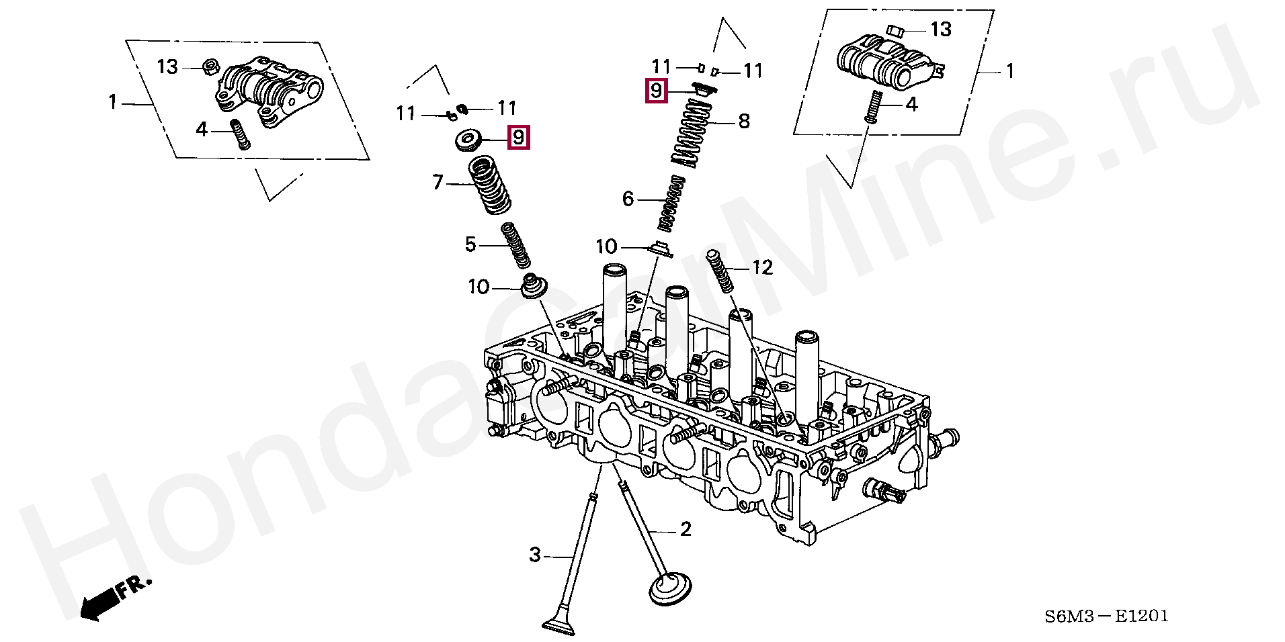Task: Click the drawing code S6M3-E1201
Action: (x=1106, y=616)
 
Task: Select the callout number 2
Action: (x=685, y=530)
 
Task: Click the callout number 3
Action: (x=534, y=555)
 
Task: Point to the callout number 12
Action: (x=762, y=268)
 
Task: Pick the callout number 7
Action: (x=438, y=182)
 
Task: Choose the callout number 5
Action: (x=470, y=244)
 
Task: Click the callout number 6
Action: (x=628, y=199)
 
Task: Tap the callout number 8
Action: (x=744, y=122)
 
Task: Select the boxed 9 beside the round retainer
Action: (x=518, y=138)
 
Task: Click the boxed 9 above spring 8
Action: (x=656, y=90)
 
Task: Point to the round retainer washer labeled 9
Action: (x=466, y=141)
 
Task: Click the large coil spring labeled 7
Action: (x=489, y=185)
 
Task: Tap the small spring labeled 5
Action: (x=516, y=245)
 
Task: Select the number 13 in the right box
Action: (x=941, y=29)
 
